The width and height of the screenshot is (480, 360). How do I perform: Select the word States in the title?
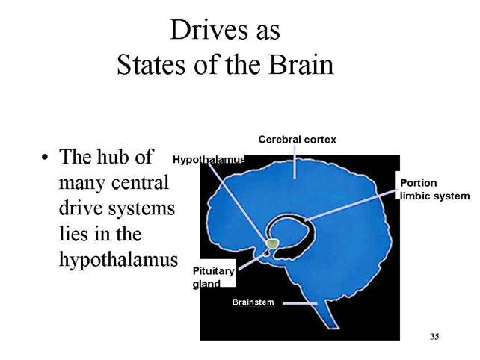[x=150, y=65]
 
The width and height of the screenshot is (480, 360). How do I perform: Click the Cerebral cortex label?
[x=298, y=140]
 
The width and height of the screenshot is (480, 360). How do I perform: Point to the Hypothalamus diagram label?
[x=209, y=160]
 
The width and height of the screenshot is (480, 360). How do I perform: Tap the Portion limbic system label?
[x=434, y=189]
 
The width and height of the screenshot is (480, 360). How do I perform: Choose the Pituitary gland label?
[x=213, y=277]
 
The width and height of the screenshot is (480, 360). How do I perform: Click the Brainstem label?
[x=253, y=302]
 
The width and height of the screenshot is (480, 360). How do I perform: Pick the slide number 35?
[x=434, y=336]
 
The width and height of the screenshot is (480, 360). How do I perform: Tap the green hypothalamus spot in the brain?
[x=272, y=243]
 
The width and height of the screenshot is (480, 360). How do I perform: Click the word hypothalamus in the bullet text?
[x=118, y=261]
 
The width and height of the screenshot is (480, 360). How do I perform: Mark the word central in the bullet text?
[x=141, y=182]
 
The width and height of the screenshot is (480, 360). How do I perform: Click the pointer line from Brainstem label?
[x=300, y=303]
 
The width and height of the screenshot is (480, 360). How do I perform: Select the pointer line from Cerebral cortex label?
[x=295, y=162]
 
